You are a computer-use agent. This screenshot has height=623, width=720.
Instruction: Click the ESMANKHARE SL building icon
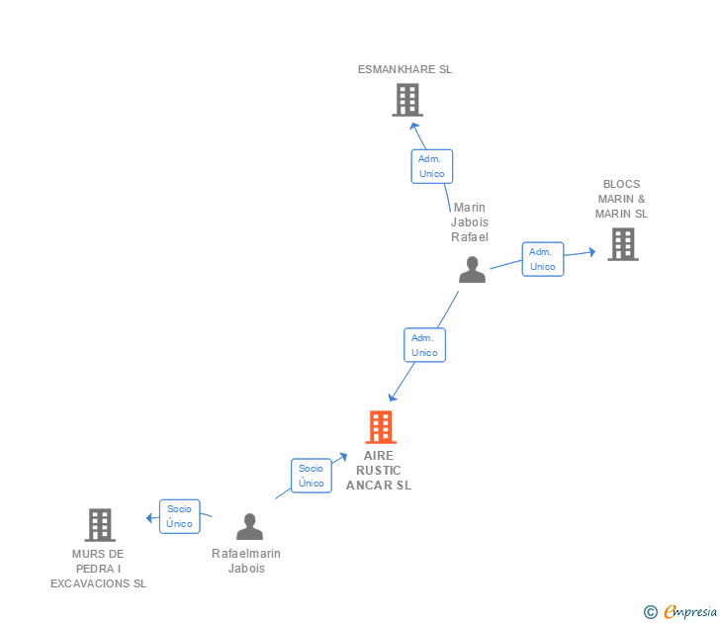click(407, 100)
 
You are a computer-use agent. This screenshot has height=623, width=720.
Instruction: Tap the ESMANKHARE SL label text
click(405, 70)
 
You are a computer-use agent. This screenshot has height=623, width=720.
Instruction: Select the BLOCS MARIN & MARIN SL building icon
click(622, 244)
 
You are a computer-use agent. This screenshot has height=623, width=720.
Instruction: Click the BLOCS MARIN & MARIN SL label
click(621, 199)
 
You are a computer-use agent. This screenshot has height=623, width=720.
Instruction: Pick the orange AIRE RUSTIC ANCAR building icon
click(381, 427)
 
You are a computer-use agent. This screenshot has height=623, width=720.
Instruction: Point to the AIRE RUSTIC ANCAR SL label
click(379, 471)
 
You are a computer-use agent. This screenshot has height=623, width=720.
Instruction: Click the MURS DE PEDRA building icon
click(100, 525)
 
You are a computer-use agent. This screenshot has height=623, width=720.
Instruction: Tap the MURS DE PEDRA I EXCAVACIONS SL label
click(99, 569)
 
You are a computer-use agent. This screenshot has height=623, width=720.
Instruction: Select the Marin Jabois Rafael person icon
click(472, 270)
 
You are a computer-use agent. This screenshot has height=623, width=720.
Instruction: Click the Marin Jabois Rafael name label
click(471, 222)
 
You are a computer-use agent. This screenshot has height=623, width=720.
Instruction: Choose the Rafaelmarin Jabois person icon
click(249, 527)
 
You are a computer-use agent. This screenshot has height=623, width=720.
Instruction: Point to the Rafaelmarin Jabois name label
click(246, 561)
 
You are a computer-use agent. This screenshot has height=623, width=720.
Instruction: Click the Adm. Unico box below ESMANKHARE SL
click(432, 166)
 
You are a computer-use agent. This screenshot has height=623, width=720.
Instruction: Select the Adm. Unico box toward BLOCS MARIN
click(543, 259)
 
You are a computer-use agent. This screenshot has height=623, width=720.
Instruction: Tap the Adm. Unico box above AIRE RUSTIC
click(424, 345)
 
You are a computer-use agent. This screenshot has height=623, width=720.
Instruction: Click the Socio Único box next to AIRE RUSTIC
click(312, 476)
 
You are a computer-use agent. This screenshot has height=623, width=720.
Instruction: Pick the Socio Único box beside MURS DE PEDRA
click(180, 516)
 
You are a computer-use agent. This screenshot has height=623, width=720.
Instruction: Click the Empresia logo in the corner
click(681, 612)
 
